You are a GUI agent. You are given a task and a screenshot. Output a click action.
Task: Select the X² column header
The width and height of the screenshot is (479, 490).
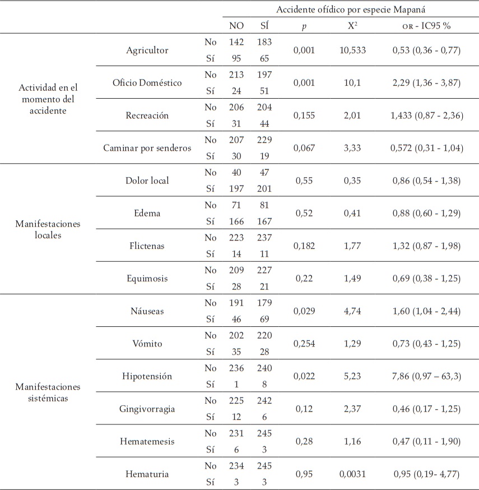click(352, 26)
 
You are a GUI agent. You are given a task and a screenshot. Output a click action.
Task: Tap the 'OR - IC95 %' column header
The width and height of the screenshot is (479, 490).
click(426, 26)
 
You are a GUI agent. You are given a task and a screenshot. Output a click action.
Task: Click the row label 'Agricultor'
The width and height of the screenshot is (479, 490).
click(147, 50)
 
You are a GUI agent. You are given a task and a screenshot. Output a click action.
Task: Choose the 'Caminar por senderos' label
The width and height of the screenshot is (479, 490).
click(147, 147)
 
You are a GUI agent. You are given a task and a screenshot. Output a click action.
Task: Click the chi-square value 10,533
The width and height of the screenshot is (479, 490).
click(352, 50)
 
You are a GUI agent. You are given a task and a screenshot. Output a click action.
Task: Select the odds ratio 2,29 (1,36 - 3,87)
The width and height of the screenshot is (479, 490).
click(426, 83)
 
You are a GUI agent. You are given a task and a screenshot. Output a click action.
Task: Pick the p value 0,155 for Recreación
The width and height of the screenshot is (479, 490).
click(304, 115)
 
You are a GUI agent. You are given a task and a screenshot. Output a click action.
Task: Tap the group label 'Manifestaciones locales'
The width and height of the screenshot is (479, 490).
click(48, 229)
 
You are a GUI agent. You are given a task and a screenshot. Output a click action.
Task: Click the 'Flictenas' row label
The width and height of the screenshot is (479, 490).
click(147, 246)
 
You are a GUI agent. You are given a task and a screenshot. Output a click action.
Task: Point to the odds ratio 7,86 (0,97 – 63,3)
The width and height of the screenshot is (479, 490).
click(426, 376)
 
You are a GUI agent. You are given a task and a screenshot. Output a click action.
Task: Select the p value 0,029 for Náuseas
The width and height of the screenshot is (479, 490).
click(304, 311)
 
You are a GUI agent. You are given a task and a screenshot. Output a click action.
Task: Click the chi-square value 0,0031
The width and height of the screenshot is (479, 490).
click(352, 474)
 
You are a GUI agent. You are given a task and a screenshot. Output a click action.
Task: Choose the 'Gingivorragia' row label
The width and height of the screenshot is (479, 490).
click(147, 409)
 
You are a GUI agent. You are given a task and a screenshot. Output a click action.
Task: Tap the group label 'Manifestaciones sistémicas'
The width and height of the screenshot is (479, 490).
click(48, 392)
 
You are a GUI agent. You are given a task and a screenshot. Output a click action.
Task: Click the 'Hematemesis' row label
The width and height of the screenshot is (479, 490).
click(147, 441)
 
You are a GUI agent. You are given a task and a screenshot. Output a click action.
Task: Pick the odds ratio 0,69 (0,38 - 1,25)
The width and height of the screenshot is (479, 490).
click(426, 278)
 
